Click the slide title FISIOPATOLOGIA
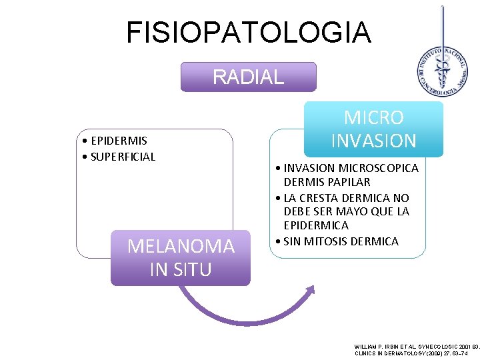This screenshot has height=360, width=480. tap(249, 32)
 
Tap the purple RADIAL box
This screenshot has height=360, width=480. tap(248, 77)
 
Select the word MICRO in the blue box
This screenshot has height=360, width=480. tap(373, 118)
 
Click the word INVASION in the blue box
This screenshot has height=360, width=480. tap(373, 141)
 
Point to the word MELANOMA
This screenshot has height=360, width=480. tap(181, 247)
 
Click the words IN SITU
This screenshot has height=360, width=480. tap(181, 269)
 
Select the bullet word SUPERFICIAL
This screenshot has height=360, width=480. tap(123, 157)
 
